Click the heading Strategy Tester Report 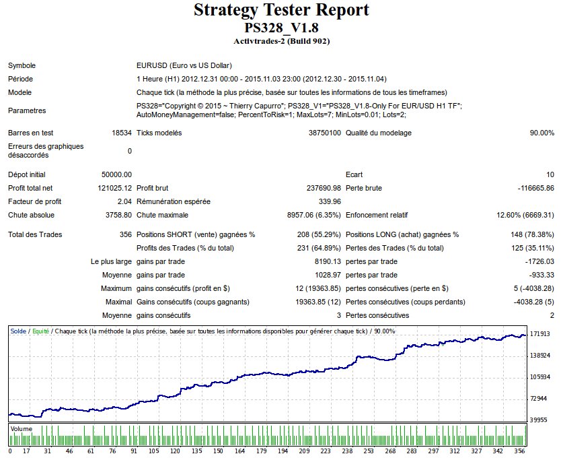tap(281, 10)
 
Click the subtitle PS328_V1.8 tap(281, 28)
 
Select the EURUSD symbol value tap(184, 66)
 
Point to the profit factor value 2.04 tap(124, 201)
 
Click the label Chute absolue tap(31, 215)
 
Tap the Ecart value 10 tap(550, 174)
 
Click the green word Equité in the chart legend tap(40, 331)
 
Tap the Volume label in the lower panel tap(21, 428)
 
